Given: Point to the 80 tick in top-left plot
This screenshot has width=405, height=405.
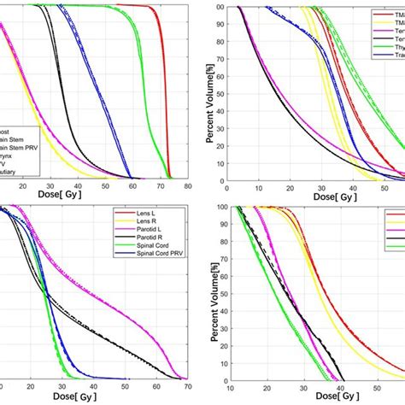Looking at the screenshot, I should (x=186, y=186).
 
